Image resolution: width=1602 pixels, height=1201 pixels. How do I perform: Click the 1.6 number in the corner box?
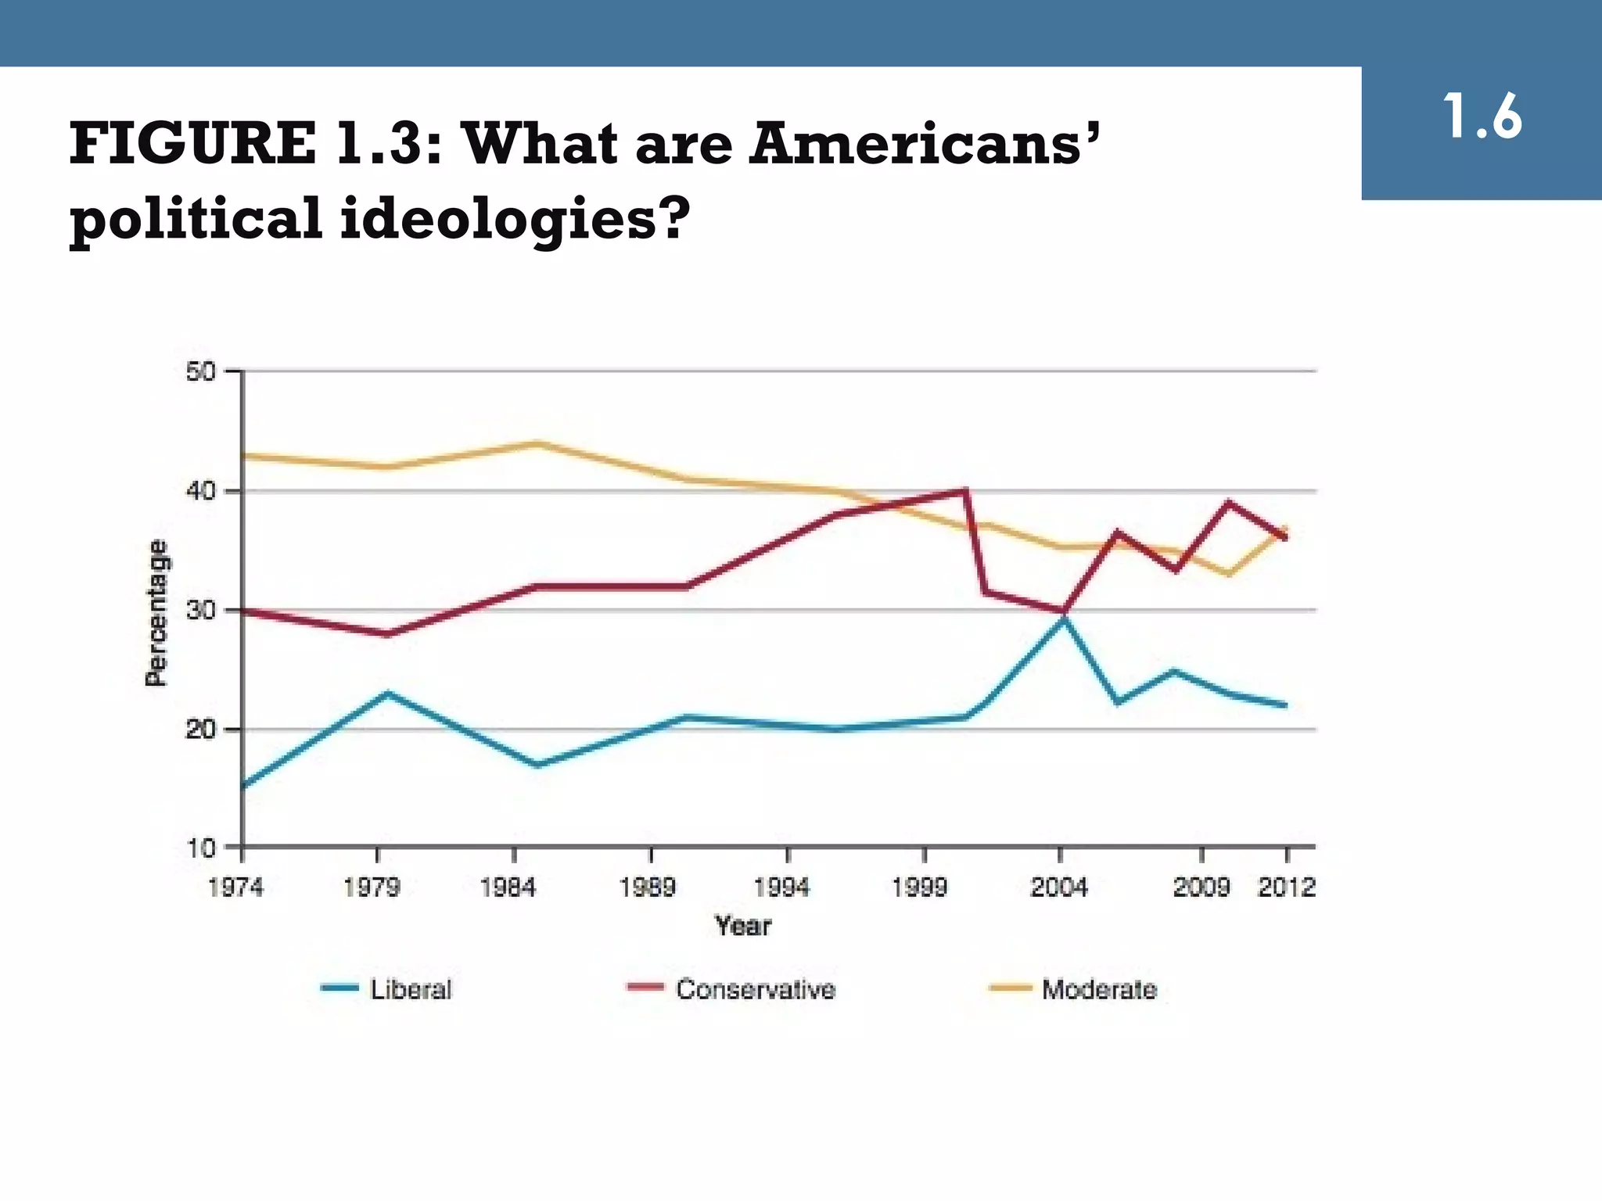[1482, 118]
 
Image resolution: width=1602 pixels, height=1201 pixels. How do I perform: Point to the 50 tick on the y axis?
[201, 372]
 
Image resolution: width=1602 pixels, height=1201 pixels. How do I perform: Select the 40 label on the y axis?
[201, 492]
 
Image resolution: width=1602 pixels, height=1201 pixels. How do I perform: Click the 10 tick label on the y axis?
[201, 848]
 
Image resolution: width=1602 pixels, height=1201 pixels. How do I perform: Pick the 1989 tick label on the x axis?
[647, 887]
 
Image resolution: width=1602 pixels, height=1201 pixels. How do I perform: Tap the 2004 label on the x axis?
[1058, 887]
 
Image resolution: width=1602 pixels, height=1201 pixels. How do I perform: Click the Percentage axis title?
[157, 613]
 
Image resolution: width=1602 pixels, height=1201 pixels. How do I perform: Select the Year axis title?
[742, 927]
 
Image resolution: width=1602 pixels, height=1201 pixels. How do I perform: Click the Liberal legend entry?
[411, 990]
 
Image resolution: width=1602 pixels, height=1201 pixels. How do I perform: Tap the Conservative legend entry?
[755, 990]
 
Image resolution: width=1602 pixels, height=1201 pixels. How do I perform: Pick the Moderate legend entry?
[1099, 990]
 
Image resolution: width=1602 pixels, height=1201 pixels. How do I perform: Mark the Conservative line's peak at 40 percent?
[966, 491]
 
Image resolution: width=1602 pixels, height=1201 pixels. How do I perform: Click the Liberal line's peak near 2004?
[1063, 617]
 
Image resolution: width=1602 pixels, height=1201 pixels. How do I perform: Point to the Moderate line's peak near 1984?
[537, 443]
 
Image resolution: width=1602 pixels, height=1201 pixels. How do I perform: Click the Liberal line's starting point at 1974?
[244, 785]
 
